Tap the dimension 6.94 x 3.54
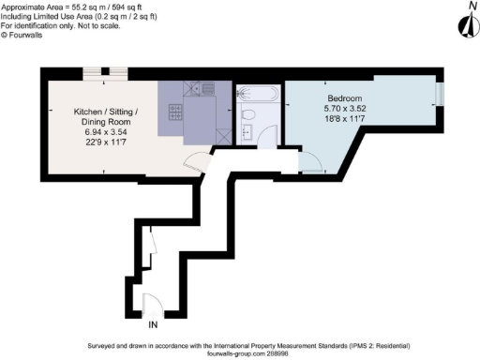(106, 132)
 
